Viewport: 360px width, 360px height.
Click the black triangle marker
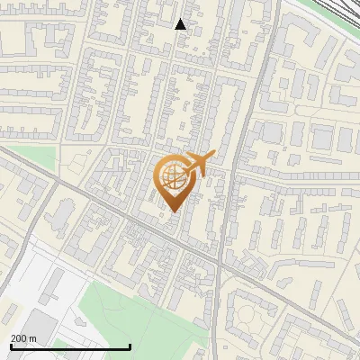point(180,24)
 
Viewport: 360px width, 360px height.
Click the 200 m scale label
point(23,337)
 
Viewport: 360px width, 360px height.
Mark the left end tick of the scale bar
point(11,346)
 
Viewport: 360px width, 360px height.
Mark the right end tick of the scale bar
point(130,346)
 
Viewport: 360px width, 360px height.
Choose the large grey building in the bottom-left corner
point(36,328)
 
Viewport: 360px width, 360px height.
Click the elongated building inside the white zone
point(47,288)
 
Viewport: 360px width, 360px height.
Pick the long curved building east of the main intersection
point(288,270)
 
